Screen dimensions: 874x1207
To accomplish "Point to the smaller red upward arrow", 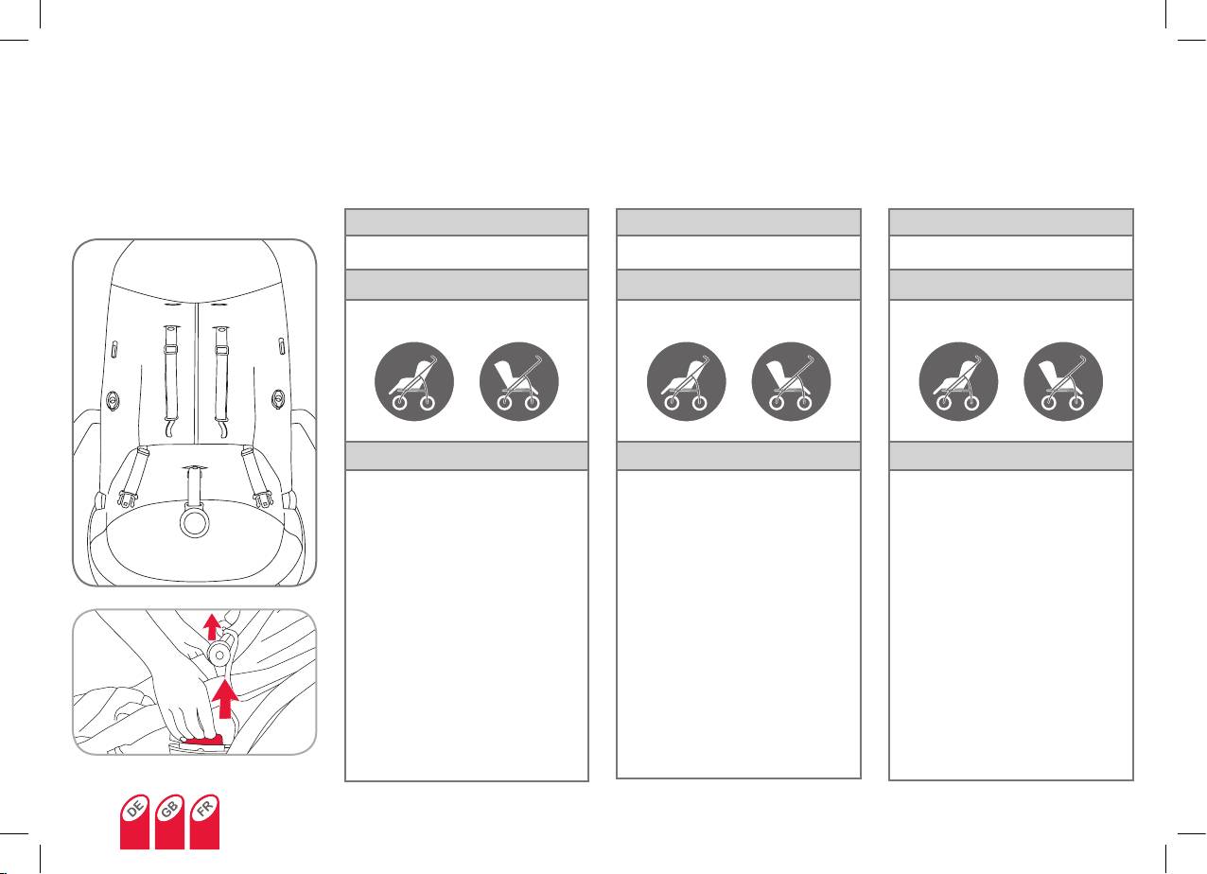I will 212,625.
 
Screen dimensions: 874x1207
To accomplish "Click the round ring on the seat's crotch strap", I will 195,523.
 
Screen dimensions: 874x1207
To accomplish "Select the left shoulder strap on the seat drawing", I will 172,378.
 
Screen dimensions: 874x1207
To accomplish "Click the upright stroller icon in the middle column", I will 791,381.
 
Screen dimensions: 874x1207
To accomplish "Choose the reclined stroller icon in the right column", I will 958,381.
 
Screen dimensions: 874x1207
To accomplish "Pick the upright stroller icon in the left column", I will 519,381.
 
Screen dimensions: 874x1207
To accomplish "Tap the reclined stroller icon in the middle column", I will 686,381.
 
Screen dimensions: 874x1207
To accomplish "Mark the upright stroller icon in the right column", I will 1063,381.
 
